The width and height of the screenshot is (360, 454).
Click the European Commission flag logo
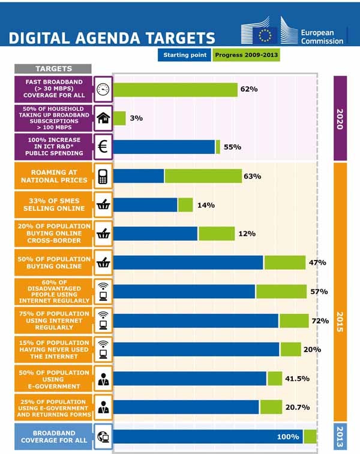point(265,34)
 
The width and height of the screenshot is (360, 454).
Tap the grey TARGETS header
point(53,69)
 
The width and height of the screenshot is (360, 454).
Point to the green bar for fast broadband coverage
point(175,89)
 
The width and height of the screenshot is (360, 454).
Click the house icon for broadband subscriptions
point(104,118)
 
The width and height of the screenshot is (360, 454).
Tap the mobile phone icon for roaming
point(104,176)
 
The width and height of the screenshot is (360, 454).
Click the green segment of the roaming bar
point(203,176)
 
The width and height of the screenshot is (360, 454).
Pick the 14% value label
point(206,205)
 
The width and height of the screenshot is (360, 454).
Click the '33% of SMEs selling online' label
point(53,205)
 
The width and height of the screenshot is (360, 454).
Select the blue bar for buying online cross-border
point(155,234)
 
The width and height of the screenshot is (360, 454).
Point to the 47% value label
point(318,262)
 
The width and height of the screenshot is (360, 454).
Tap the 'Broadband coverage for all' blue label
point(53,437)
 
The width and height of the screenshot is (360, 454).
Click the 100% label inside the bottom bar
point(288,437)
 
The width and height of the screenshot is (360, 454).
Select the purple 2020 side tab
point(340,118)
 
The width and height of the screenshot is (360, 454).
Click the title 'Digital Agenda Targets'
point(112,38)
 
